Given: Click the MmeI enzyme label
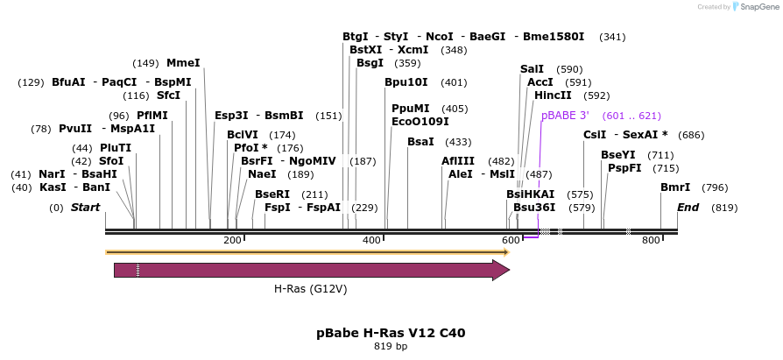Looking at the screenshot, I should click(x=183, y=63).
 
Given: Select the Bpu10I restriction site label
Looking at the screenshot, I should click(x=406, y=82).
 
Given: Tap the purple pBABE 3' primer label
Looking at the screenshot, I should click(x=565, y=116).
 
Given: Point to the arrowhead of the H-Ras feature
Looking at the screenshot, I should click(x=501, y=270).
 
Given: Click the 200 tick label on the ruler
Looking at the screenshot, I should click(x=232, y=240).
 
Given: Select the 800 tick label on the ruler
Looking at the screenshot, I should click(x=651, y=240).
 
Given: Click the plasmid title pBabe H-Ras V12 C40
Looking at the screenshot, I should click(x=391, y=333).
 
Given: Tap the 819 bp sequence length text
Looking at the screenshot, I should click(x=391, y=347).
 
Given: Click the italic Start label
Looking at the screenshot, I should click(x=86, y=208).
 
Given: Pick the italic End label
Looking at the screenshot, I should click(x=688, y=208).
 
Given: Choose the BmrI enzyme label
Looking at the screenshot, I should click(x=675, y=187).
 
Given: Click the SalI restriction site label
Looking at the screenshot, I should click(x=532, y=68).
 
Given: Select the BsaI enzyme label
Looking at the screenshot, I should click(x=420, y=142).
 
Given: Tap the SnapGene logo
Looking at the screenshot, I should click(x=751, y=7).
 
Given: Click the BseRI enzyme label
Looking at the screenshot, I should click(x=272, y=194).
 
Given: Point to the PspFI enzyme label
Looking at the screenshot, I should click(x=625, y=168).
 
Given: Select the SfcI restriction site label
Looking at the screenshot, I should click(x=169, y=95).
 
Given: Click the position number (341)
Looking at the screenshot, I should click(x=612, y=37).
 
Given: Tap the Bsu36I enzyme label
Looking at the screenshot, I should click(x=534, y=208).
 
